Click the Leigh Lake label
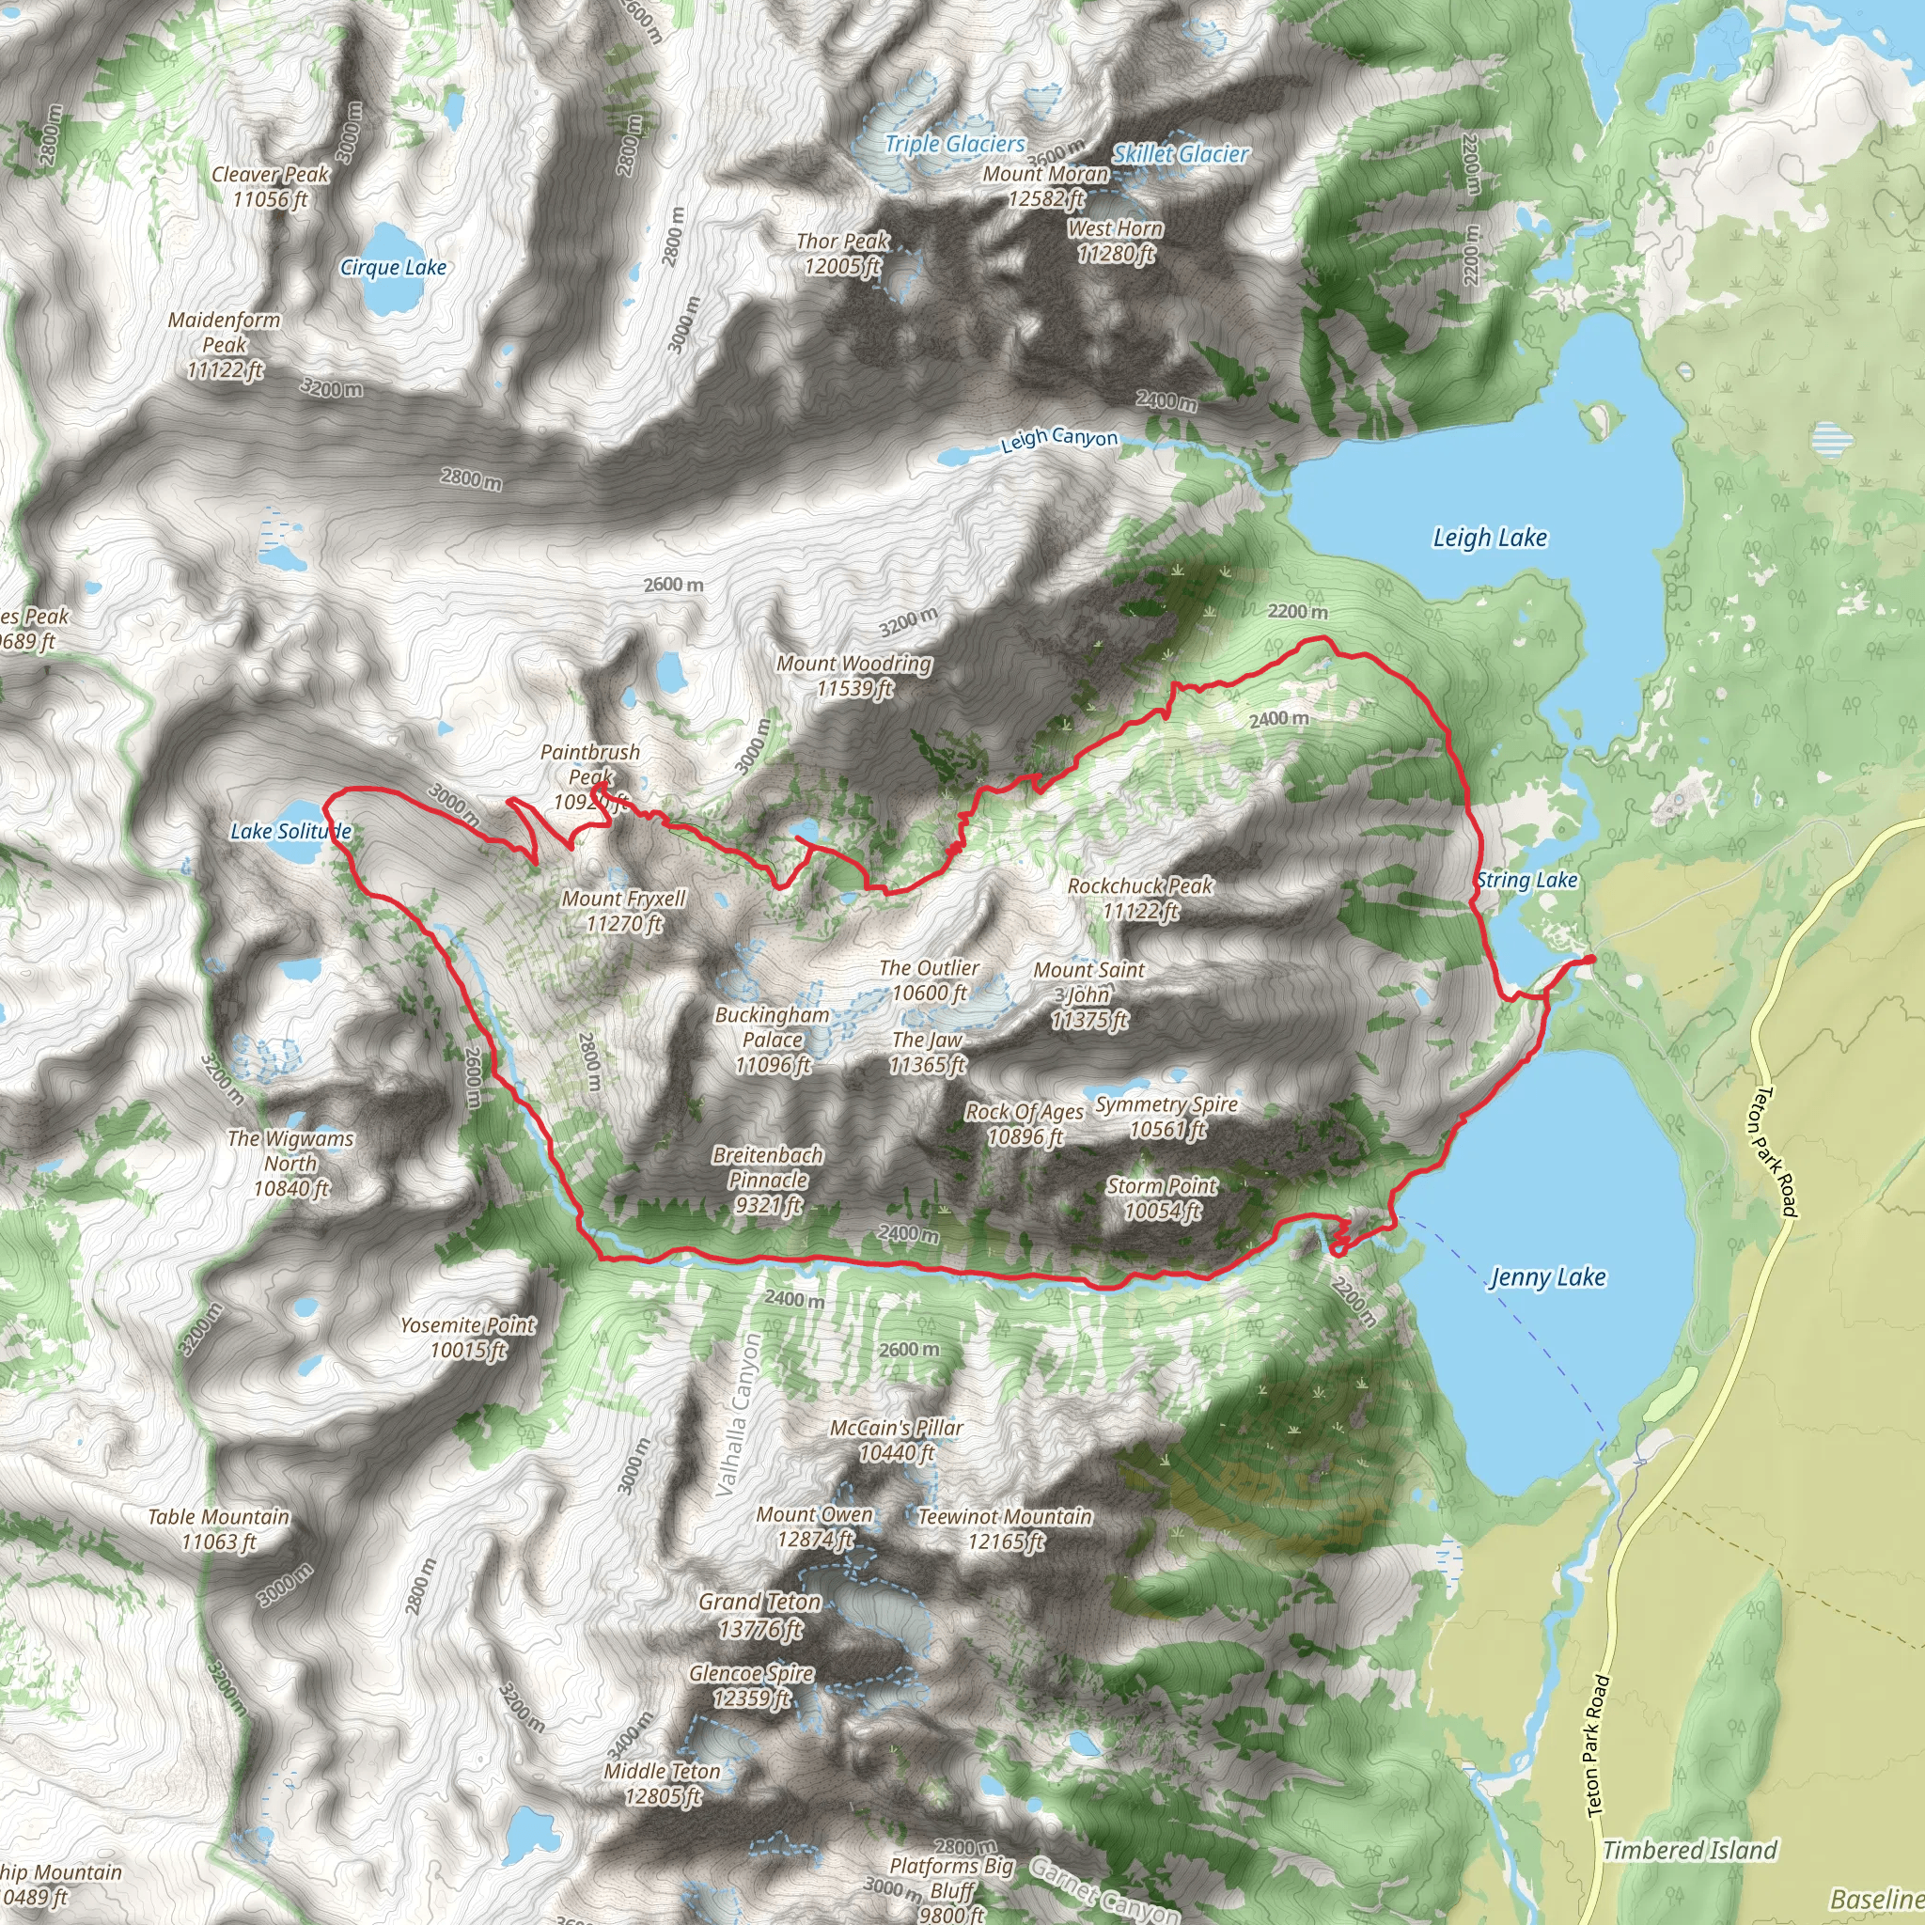pyautogui.click(x=1490, y=538)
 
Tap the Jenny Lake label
pyautogui.click(x=1546, y=1277)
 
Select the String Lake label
pyautogui.click(x=1526, y=880)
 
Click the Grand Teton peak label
pyautogui.click(x=760, y=1615)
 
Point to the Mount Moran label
pyautogui.click(x=1045, y=186)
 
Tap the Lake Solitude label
pyautogui.click(x=291, y=831)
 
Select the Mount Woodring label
pyautogui.click(x=853, y=676)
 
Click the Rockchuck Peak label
pyautogui.click(x=1140, y=898)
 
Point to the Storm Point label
pyautogui.click(x=1162, y=1197)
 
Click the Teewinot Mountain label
pyautogui.click(x=1005, y=1528)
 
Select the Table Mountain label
pyautogui.click(x=218, y=1528)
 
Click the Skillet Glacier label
pyautogui.click(x=1180, y=154)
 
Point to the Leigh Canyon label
pyautogui.click(x=1059, y=438)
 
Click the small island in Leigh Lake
pyautogui.click(x=1597, y=418)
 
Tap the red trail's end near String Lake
pyautogui.click(x=1591, y=959)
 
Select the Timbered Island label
pyautogui.click(x=1689, y=1850)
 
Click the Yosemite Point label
pyautogui.click(x=467, y=1338)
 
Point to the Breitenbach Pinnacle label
pyautogui.click(x=767, y=1180)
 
